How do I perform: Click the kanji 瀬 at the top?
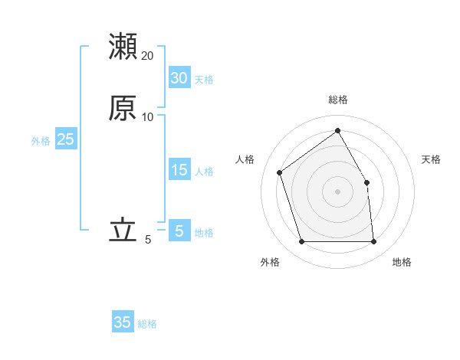click(123, 46)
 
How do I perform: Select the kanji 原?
click(123, 108)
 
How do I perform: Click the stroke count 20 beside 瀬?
click(148, 56)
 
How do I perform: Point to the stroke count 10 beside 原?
click(148, 117)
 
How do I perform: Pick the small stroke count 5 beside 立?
click(148, 240)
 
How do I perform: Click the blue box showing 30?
click(179, 78)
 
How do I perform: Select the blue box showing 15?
click(179, 170)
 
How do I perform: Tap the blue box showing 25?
click(65, 139)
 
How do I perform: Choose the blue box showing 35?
click(123, 322)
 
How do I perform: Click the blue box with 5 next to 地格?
click(179, 231)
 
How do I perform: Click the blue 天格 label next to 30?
click(204, 80)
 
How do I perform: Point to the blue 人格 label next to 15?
click(204, 172)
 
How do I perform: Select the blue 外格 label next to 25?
click(41, 141)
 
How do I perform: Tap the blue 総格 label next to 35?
click(147, 324)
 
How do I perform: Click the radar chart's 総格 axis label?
click(338, 100)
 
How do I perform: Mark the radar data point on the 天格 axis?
click(366, 182)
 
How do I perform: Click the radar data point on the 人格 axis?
click(280, 172)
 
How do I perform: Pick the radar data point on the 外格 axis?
click(302, 242)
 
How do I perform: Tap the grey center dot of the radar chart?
click(338, 191)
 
